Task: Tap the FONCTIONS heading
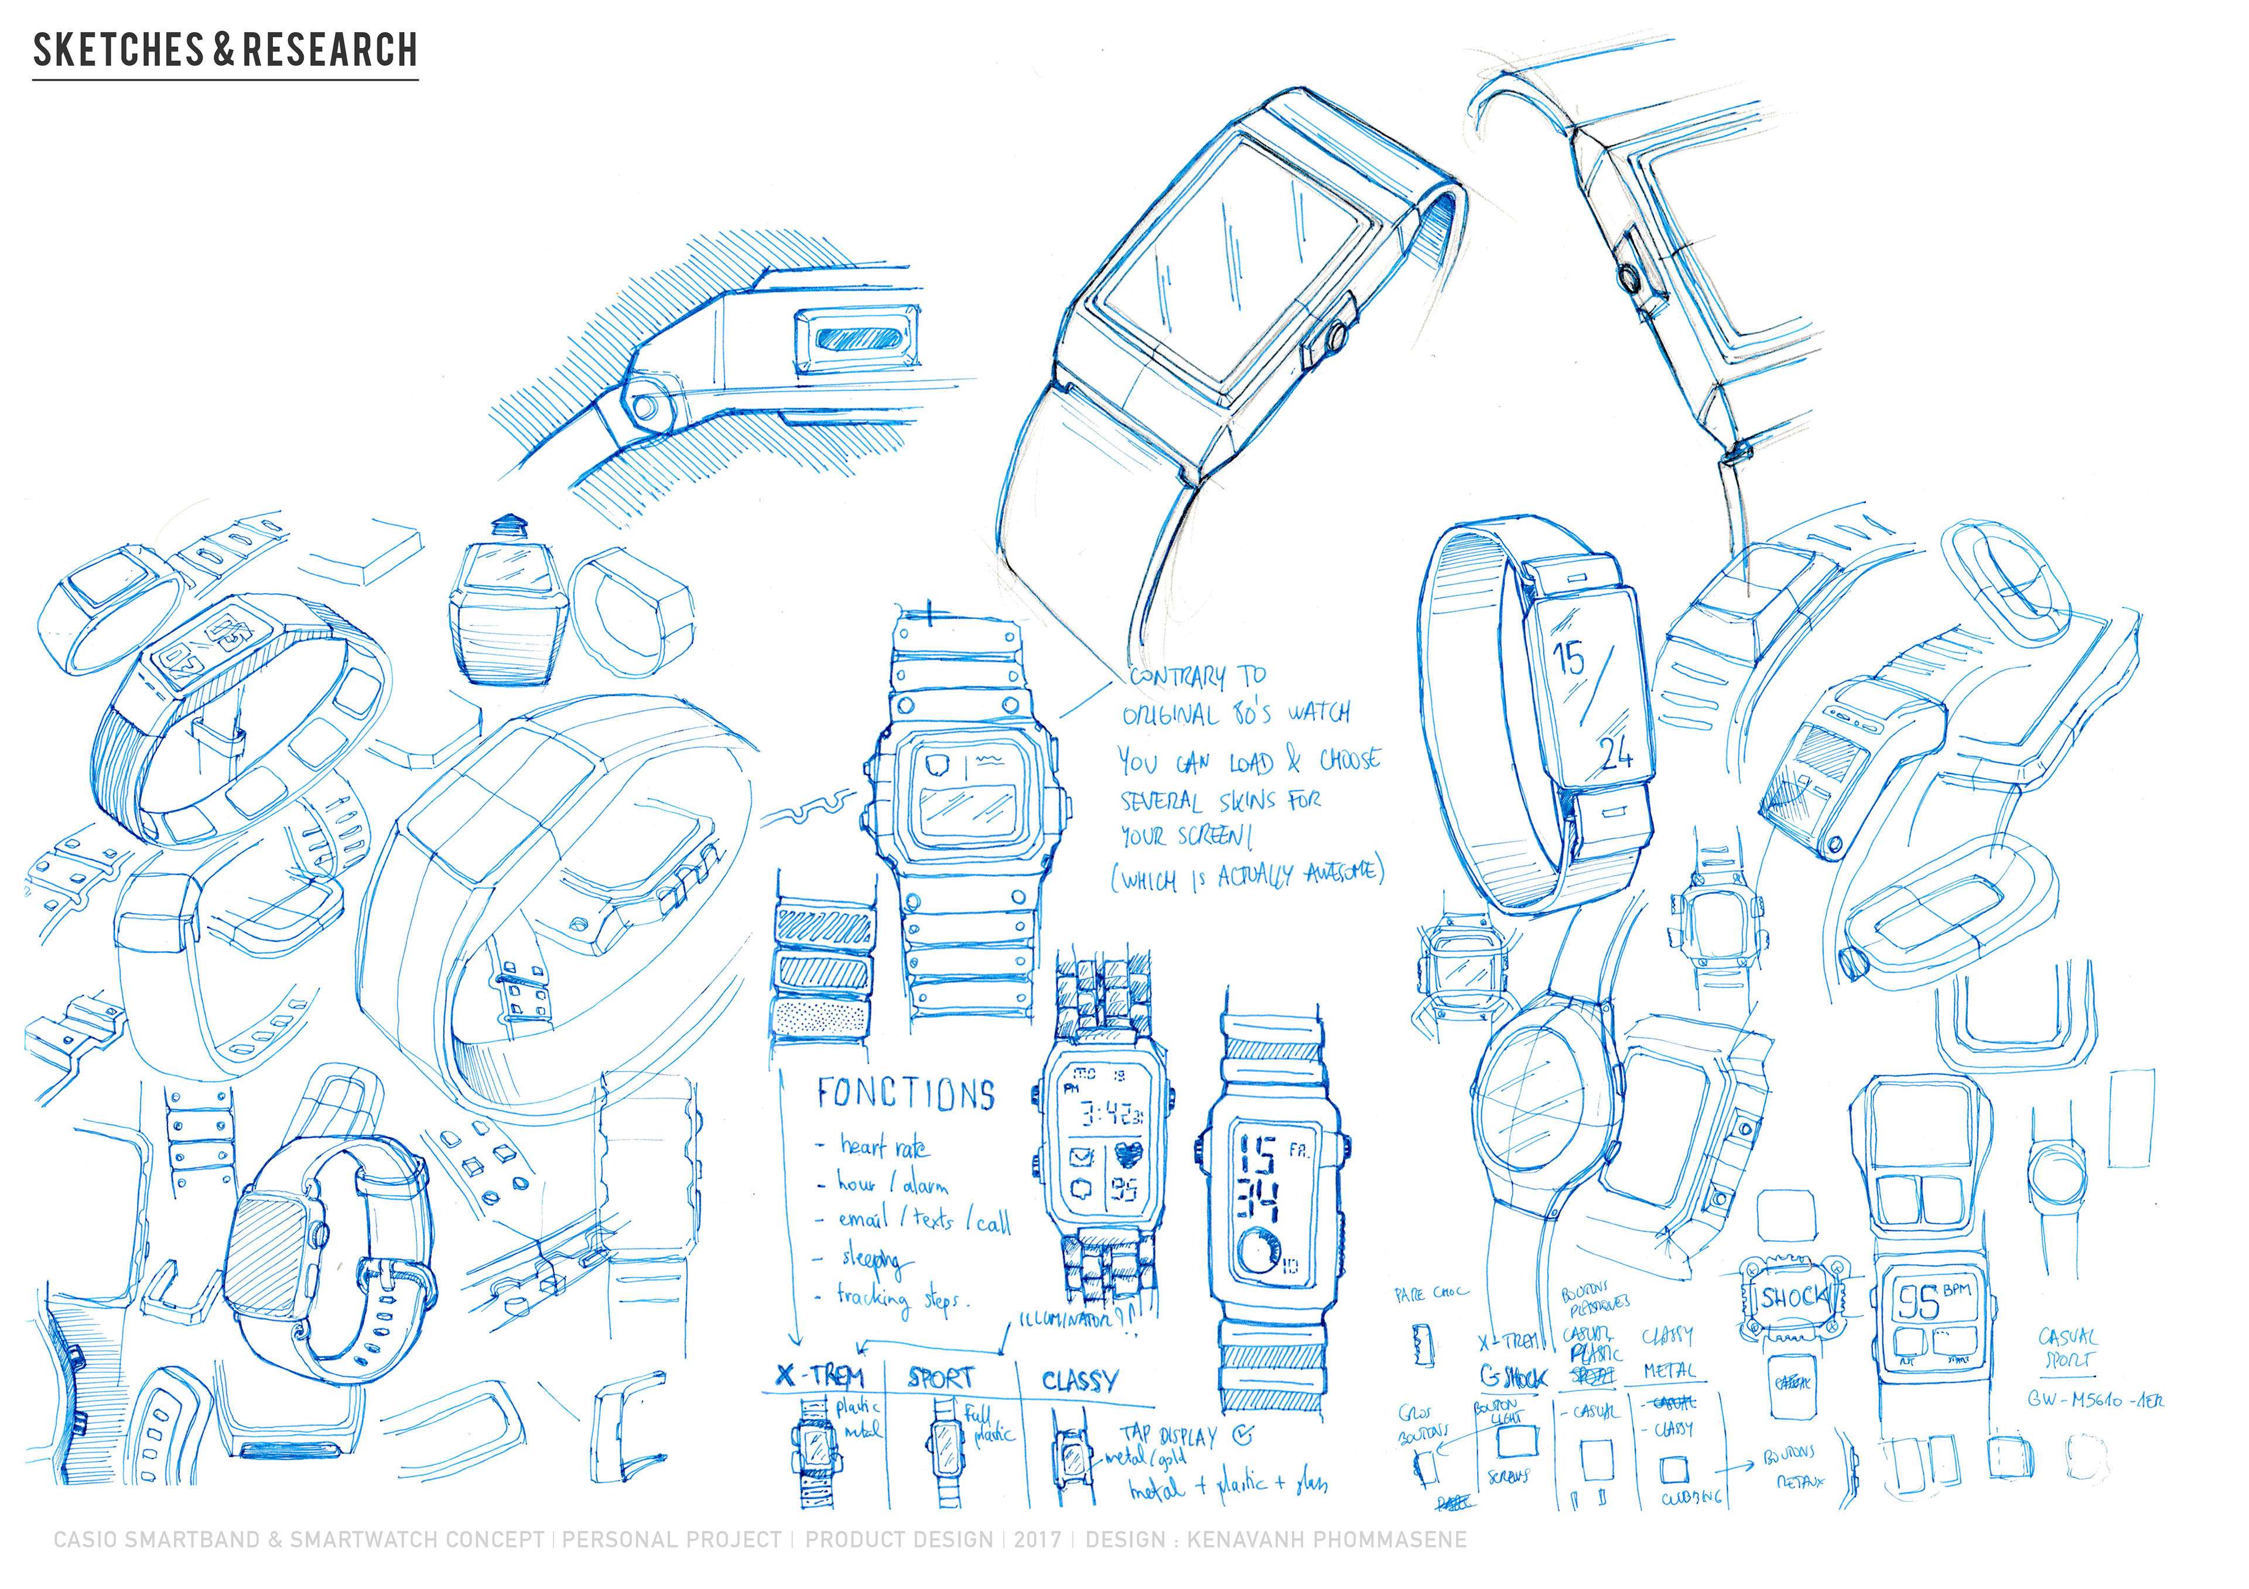coord(906,1094)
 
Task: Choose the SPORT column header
coord(941,1378)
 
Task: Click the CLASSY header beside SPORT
coord(1079,1381)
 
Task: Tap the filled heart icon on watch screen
coord(1129,1155)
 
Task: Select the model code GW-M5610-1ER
coord(2094,1400)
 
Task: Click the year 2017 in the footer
coord(1037,1539)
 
